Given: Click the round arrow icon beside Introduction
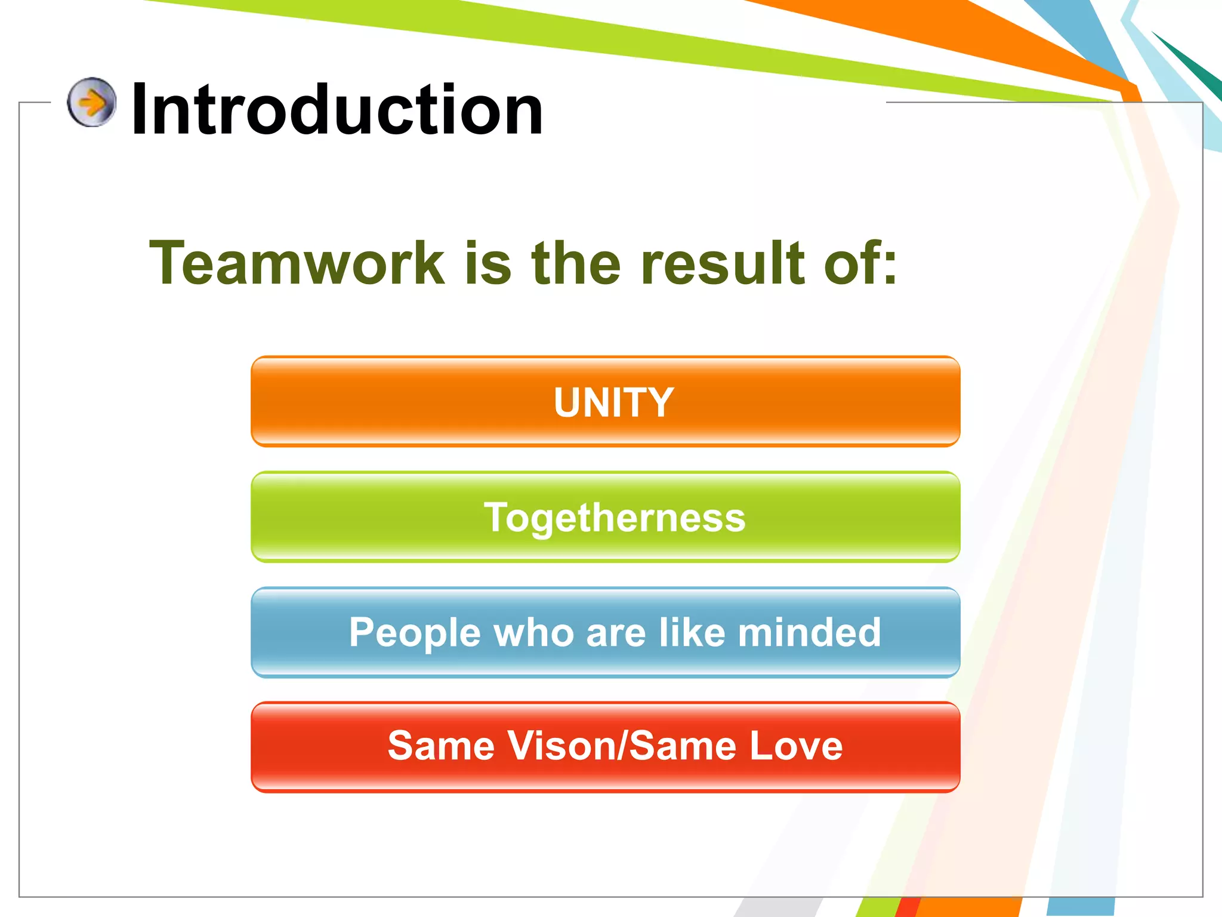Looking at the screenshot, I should pos(91,102).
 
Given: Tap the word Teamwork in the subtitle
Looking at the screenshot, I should pos(297,263).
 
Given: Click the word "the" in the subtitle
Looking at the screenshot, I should pos(576,263).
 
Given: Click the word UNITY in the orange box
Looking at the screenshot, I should pos(613,402).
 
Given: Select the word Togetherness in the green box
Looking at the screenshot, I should pos(615,517).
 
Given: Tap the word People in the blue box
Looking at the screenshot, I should pos(415,633).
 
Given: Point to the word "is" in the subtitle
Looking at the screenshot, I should pos(487,263).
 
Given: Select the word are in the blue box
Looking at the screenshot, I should pos(616,633).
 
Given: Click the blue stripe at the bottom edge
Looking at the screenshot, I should pos(1080,907).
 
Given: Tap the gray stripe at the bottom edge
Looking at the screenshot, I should pos(776,907).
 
